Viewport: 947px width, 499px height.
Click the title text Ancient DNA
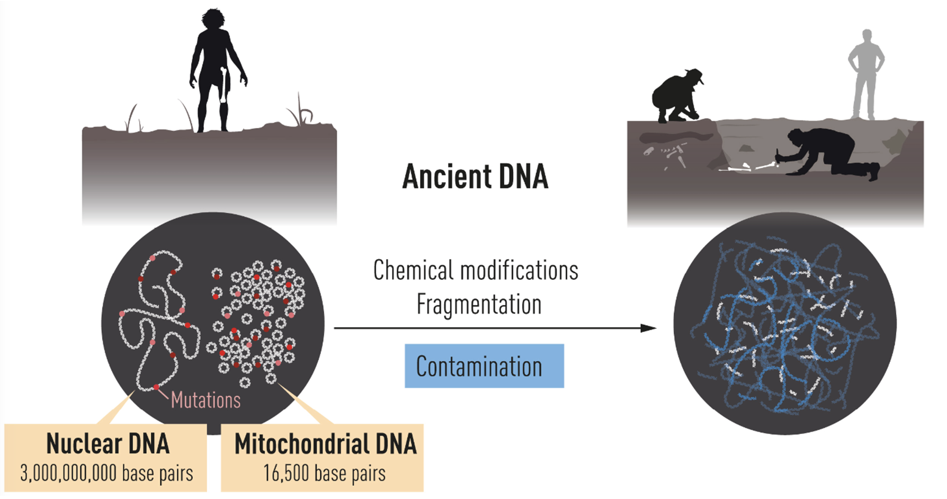(475, 177)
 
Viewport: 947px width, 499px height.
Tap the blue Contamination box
(484, 366)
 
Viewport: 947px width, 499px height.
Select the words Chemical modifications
(476, 271)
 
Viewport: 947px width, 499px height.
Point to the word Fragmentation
(479, 305)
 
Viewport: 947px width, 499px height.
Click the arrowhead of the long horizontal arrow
(649, 328)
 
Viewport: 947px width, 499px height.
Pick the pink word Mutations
(206, 400)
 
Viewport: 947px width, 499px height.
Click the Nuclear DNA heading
(108, 444)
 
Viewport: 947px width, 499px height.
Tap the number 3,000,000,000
(69, 473)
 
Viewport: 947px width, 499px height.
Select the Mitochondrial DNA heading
(325, 444)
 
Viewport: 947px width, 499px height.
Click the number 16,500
(286, 473)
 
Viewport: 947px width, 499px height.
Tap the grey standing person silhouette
(865, 74)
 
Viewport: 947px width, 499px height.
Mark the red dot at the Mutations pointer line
(156, 387)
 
